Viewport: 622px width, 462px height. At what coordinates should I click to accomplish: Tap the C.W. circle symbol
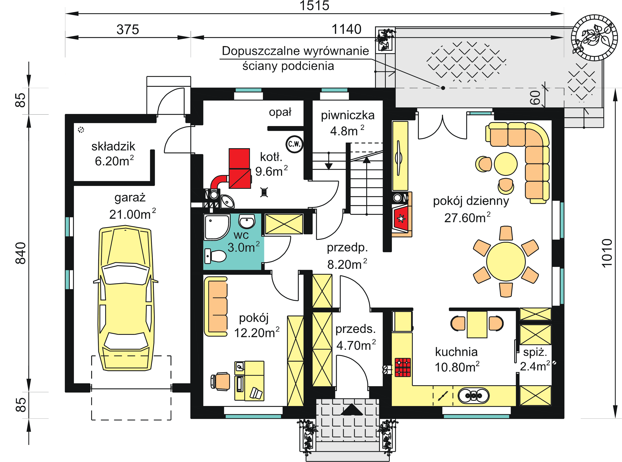tap(294, 144)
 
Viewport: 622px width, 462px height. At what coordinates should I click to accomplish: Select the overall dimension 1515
tap(314, 6)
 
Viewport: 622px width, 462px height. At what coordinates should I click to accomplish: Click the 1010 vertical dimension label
tap(607, 253)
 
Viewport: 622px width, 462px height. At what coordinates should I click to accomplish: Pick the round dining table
tap(506, 262)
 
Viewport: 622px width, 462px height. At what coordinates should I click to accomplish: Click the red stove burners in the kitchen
tap(403, 367)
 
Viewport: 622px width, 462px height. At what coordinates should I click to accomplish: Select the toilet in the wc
tap(215, 256)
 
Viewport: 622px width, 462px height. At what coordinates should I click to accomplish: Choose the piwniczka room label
tap(348, 115)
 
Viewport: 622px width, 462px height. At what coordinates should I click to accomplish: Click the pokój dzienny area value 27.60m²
tap(467, 218)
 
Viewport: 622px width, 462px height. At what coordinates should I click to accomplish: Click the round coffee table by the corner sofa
tap(506, 164)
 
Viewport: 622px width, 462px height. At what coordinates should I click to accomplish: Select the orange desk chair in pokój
tap(221, 381)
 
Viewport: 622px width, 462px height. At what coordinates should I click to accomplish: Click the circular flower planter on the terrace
tap(595, 38)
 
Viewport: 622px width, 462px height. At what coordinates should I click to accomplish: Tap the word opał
tap(280, 112)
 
